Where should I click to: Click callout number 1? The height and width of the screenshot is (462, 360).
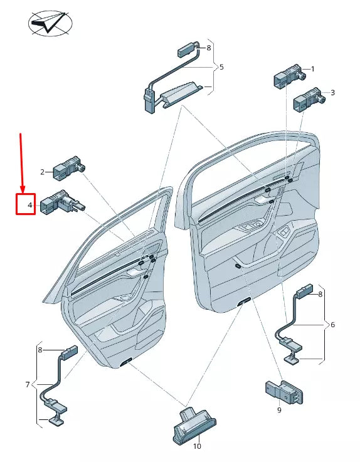(x=312, y=69)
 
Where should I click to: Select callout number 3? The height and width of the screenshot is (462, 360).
(x=332, y=93)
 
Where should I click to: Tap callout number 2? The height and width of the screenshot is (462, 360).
(x=43, y=172)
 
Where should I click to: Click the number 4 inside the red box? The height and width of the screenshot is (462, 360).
(x=29, y=205)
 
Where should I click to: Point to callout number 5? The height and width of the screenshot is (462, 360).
(x=221, y=66)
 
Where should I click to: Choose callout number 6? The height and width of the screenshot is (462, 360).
(x=332, y=324)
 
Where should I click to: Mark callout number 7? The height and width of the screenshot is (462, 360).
(x=27, y=384)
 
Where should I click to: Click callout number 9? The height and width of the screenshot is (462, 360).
(x=279, y=410)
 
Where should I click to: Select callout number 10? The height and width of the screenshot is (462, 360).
(x=197, y=447)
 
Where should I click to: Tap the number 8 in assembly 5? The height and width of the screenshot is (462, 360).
(x=209, y=48)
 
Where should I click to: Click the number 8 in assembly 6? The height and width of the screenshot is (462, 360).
(x=320, y=293)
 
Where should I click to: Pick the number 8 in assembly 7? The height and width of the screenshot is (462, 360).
(x=40, y=350)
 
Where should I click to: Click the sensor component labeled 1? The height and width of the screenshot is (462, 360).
(x=288, y=77)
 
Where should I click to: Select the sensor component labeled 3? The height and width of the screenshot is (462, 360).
(x=308, y=100)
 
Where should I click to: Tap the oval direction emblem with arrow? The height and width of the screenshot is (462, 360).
(x=50, y=23)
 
